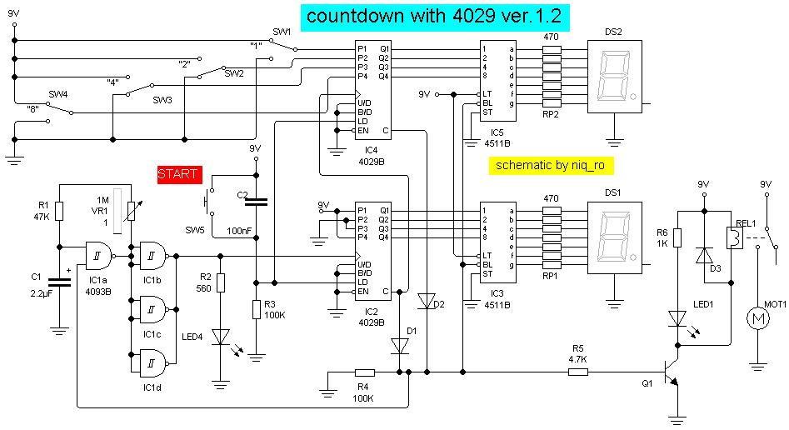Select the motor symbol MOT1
757,318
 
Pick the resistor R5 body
578,372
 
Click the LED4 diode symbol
220,336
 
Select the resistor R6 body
677,238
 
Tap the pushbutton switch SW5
207,202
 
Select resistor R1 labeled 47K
60,213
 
